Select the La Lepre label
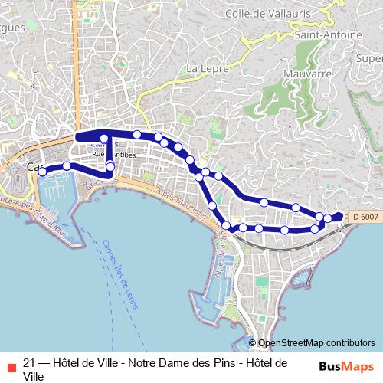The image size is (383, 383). [x=203, y=69]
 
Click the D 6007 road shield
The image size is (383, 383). [x=365, y=218]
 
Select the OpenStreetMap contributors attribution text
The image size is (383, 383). [x=316, y=343]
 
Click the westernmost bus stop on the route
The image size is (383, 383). [x=42, y=172]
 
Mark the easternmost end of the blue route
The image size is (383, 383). [x=341, y=215]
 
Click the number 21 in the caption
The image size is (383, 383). [x=30, y=362]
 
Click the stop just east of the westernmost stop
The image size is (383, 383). [x=67, y=165]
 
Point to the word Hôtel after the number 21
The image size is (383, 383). [x=67, y=362]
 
